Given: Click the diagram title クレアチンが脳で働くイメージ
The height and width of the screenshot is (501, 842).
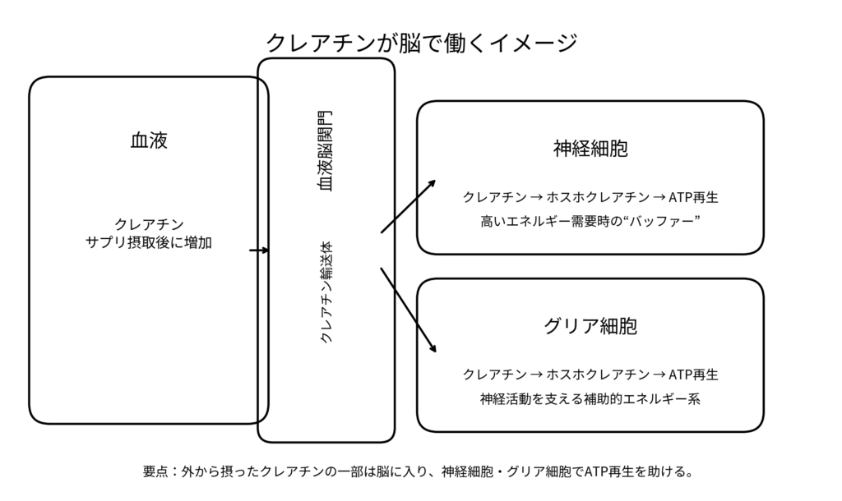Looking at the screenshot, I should click(x=421, y=42).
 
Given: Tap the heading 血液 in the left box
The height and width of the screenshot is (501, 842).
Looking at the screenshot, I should click(x=149, y=140).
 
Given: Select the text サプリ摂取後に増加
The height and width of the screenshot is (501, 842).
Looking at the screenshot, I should click(x=149, y=242).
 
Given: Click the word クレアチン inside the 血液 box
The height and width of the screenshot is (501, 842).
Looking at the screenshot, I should click(x=149, y=223).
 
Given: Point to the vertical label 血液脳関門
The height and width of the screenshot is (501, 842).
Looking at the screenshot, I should click(x=326, y=152).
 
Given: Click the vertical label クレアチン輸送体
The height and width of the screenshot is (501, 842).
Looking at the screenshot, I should click(x=326, y=292).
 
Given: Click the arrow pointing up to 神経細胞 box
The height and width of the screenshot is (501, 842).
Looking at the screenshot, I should click(x=409, y=206).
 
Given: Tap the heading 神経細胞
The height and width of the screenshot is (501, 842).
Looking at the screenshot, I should click(x=590, y=149).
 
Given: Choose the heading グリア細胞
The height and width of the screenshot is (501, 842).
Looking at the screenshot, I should click(x=590, y=326).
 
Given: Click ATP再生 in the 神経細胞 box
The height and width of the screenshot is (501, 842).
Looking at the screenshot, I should click(x=694, y=198).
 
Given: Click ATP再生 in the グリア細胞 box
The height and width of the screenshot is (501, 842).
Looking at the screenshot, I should click(x=694, y=375).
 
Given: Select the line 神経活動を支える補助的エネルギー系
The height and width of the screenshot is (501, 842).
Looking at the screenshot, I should click(x=590, y=400).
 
